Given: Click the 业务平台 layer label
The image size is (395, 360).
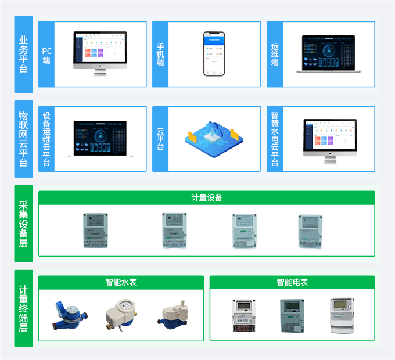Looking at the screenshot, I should click(23, 54).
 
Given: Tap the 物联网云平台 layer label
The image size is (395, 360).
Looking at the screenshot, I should click(23, 139).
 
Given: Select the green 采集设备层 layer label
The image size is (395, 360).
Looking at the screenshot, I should click(23, 224).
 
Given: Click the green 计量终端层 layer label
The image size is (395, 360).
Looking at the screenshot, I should click(23, 308).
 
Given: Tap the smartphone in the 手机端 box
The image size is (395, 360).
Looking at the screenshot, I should click(214, 53).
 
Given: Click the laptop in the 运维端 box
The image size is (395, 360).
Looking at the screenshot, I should click(328, 53).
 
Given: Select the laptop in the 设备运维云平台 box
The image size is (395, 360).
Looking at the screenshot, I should click(100, 139).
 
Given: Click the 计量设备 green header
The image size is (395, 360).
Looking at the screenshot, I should click(207, 197).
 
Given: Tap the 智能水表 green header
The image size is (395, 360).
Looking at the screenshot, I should click(121, 282).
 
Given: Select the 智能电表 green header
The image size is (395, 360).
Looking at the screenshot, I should click(292, 282).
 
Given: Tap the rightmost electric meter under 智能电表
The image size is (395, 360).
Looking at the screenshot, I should click(342, 315).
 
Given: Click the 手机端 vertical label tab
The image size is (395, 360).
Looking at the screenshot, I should click(160, 54).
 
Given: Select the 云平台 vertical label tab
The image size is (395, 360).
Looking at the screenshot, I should click(160, 139).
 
